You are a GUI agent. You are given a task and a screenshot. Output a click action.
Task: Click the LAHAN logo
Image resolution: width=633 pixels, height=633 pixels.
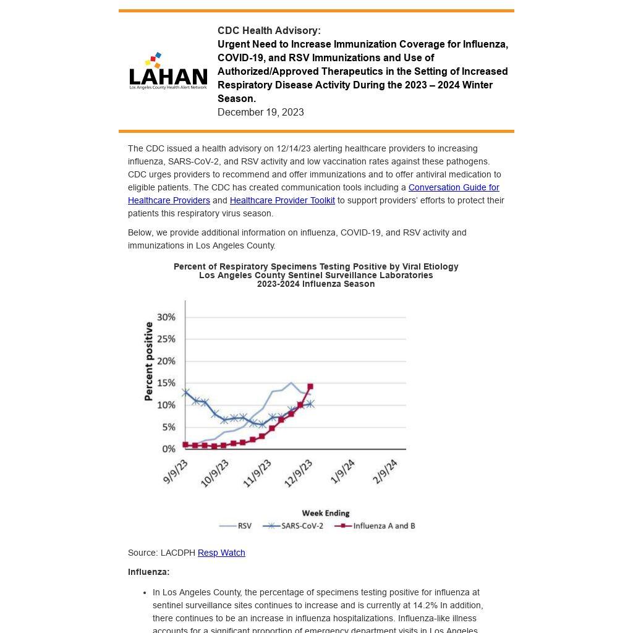click(168, 71)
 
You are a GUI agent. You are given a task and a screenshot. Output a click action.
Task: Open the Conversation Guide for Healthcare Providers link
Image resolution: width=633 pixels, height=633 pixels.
click(453, 187)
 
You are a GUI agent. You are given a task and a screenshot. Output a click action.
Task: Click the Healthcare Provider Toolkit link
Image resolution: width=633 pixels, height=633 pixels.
click(282, 200)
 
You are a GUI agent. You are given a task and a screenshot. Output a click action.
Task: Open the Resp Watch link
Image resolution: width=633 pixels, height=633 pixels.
click(221, 553)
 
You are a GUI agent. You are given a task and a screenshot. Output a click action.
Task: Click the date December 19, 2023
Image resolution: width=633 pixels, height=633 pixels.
click(260, 112)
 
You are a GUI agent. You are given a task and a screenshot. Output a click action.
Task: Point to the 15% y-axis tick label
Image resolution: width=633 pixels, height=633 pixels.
click(166, 383)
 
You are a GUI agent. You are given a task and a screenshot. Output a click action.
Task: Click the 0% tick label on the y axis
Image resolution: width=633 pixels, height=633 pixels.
click(169, 449)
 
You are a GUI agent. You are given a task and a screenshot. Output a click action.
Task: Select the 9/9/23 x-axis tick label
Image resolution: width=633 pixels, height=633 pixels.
click(176, 472)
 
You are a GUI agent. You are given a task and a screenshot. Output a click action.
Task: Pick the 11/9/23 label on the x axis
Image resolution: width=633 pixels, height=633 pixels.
click(257, 474)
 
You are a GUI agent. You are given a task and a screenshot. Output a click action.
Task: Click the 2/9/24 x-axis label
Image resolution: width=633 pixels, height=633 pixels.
click(385, 472)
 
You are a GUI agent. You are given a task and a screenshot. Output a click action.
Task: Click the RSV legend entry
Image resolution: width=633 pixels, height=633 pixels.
click(236, 526)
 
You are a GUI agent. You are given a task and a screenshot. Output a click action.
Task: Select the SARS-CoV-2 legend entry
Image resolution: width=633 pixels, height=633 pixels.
click(294, 526)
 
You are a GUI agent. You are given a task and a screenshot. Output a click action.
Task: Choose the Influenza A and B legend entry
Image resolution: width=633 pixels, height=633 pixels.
click(375, 526)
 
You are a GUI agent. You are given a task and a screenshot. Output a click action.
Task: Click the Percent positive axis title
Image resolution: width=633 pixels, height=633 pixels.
click(148, 361)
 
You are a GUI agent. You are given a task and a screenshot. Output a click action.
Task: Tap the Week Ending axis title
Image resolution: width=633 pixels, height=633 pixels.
click(325, 513)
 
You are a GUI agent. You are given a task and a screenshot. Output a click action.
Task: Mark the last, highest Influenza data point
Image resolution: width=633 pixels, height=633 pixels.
click(310, 387)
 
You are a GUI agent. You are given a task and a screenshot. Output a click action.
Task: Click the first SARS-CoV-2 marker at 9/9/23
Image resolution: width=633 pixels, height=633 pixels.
click(185, 392)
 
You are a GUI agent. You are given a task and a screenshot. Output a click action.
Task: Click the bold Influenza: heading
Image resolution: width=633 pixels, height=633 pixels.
click(148, 572)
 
